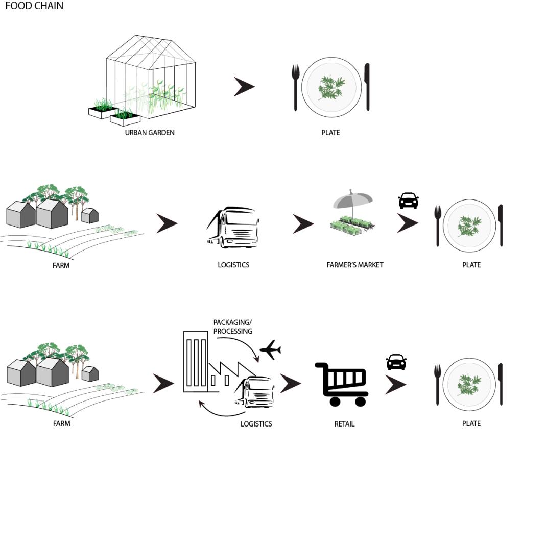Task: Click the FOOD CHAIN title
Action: (x=34, y=6)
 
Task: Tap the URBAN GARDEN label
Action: (x=150, y=133)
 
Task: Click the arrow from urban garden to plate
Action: (x=244, y=87)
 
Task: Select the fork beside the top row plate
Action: (x=295, y=87)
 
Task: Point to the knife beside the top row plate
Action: (x=367, y=87)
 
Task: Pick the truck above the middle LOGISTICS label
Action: (x=234, y=228)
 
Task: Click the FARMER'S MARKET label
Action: (x=354, y=265)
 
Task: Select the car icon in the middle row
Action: (x=408, y=201)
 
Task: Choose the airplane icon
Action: (x=270, y=350)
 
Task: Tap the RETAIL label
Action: (x=344, y=424)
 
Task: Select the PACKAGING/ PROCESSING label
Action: (x=232, y=327)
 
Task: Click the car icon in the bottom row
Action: (x=396, y=362)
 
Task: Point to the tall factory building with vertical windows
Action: (x=196, y=361)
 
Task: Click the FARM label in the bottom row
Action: (x=61, y=423)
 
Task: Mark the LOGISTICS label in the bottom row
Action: (x=256, y=424)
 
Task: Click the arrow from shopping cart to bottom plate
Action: (x=395, y=385)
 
